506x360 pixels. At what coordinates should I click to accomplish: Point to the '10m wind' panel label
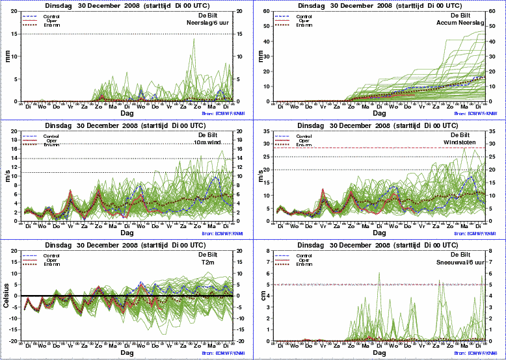coord(218,142)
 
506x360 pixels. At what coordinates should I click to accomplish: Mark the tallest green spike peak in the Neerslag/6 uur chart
coord(193,38)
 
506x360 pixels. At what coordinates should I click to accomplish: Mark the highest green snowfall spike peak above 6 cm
coord(379,273)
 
